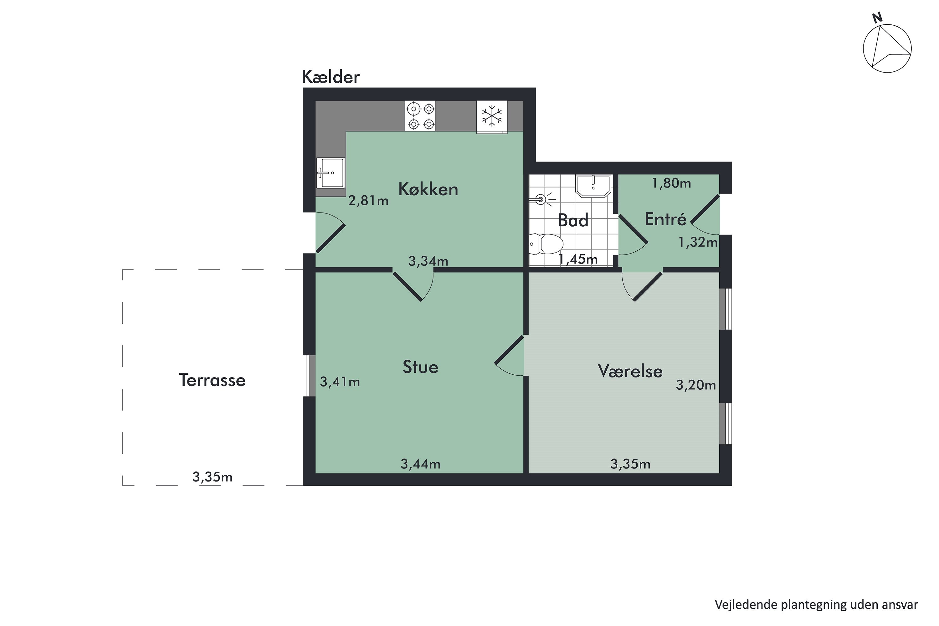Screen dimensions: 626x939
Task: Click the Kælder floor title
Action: [331, 77]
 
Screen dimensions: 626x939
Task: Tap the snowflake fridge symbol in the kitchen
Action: [491, 116]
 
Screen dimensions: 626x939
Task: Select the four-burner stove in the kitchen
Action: [420, 116]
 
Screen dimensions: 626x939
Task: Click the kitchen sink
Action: [330, 172]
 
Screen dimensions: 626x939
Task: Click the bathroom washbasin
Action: [593, 186]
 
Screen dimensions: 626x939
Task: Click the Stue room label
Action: [420, 367]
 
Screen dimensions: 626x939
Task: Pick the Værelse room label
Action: [630, 371]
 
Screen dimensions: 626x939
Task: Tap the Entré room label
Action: [665, 219]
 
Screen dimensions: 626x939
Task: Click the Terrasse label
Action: [212, 380]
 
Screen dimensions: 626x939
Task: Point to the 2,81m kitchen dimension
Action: [368, 200]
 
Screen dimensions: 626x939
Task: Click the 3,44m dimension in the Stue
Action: [420, 464]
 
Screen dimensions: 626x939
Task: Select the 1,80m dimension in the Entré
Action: [671, 183]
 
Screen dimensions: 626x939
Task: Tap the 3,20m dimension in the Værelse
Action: [695, 385]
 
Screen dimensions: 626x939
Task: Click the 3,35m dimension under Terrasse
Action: [212, 477]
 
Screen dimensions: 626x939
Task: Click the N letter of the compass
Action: [877, 18]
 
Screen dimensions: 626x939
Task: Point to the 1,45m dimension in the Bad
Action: [578, 259]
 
